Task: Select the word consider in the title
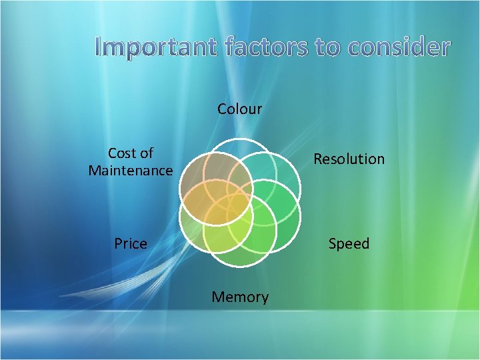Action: click(x=398, y=47)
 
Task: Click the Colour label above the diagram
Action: click(x=240, y=109)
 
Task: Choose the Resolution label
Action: click(x=349, y=159)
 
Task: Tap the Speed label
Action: click(x=349, y=244)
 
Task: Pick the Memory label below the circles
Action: click(x=240, y=297)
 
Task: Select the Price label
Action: click(x=131, y=244)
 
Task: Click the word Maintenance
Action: click(x=131, y=171)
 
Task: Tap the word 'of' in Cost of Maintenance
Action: click(x=147, y=153)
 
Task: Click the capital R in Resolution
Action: click(x=318, y=159)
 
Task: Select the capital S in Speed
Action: click(x=332, y=244)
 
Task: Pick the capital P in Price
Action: click(x=118, y=244)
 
